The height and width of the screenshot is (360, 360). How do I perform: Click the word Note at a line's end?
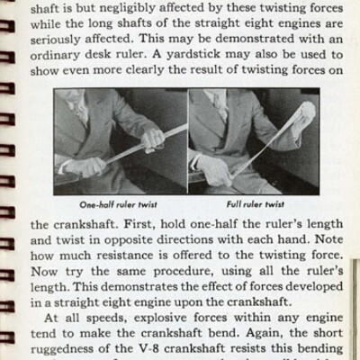point(327,243)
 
